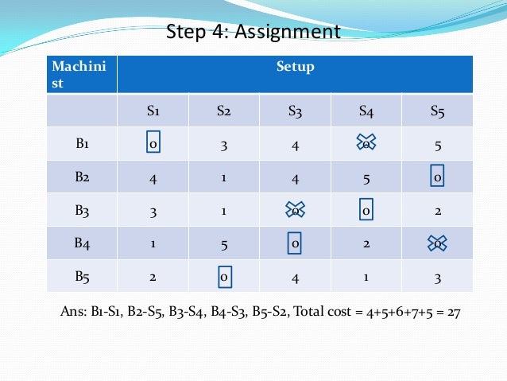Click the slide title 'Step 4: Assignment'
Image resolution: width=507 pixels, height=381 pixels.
coord(253,32)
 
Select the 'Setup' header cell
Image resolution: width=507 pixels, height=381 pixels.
coord(295,67)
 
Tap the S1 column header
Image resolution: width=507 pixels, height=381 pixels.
coord(153,111)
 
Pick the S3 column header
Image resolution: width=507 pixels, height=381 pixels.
coord(295,111)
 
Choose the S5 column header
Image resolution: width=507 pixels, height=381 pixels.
coord(437,111)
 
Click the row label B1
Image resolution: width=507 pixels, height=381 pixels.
coord(82,144)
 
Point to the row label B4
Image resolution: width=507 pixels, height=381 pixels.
coord(82,243)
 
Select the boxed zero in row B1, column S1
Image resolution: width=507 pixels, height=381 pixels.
coord(153,144)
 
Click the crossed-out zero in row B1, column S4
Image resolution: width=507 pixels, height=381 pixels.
coord(366,144)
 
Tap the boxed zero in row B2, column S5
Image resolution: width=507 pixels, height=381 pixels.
coord(437,177)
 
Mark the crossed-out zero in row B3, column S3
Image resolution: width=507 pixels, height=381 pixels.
coord(295,211)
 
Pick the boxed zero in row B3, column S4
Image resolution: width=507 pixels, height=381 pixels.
coord(366,211)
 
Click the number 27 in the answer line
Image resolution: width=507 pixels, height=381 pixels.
coord(453,312)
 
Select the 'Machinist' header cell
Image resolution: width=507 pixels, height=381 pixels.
coord(82,74)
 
